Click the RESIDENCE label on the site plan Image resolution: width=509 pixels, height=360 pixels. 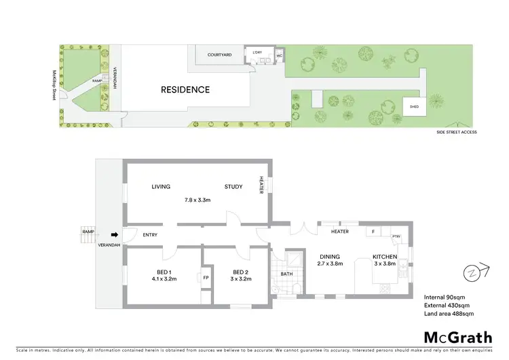click(x=185, y=90)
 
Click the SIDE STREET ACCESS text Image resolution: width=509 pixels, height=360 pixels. click(x=457, y=132)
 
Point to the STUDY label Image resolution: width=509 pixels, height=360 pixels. click(x=234, y=187)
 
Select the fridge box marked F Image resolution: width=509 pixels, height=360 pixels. click(x=373, y=232)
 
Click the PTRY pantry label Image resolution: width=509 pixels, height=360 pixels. click(x=397, y=236)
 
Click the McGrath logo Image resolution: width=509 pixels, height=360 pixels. click(x=458, y=337)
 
